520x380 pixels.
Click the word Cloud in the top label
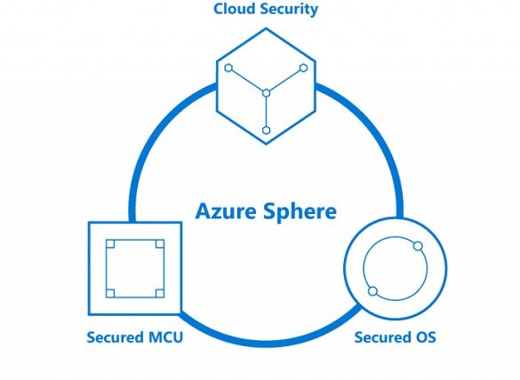pyautogui.click(x=235, y=9)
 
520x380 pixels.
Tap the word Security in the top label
pyautogui.click(x=289, y=10)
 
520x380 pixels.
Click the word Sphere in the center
pyautogui.click(x=300, y=212)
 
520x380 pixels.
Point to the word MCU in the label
pyautogui.click(x=165, y=337)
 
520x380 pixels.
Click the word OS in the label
pyautogui.click(x=425, y=337)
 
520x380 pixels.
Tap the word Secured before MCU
pyautogui.click(x=116, y=337)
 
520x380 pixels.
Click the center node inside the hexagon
pyautogui.click(x=266, y=93)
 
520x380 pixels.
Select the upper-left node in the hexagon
pyautogui.click(x=228, y=67)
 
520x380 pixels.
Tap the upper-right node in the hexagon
pyautogui.click(x=303, y=67)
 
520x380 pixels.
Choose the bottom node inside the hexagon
pyautogui.click(x=266, y=131)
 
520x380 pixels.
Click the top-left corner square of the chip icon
pyautogui.click(x=110, y=244)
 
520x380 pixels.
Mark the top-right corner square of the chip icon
pyautogui.click(x=159, y=244)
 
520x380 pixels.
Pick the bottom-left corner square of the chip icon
pyautogui.click(x=110, y=293)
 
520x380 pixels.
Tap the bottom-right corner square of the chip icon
pyautogui.click(x=159, y=293)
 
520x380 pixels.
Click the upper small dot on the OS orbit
pyautogui.click(x=418, y=246)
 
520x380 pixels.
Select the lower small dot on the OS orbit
pyautogui.click(x=373, y=291)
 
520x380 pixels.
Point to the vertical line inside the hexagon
pyautogui.click(x=266, y=112)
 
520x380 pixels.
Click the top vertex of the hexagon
pyautogui.click(x=266, y=28)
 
